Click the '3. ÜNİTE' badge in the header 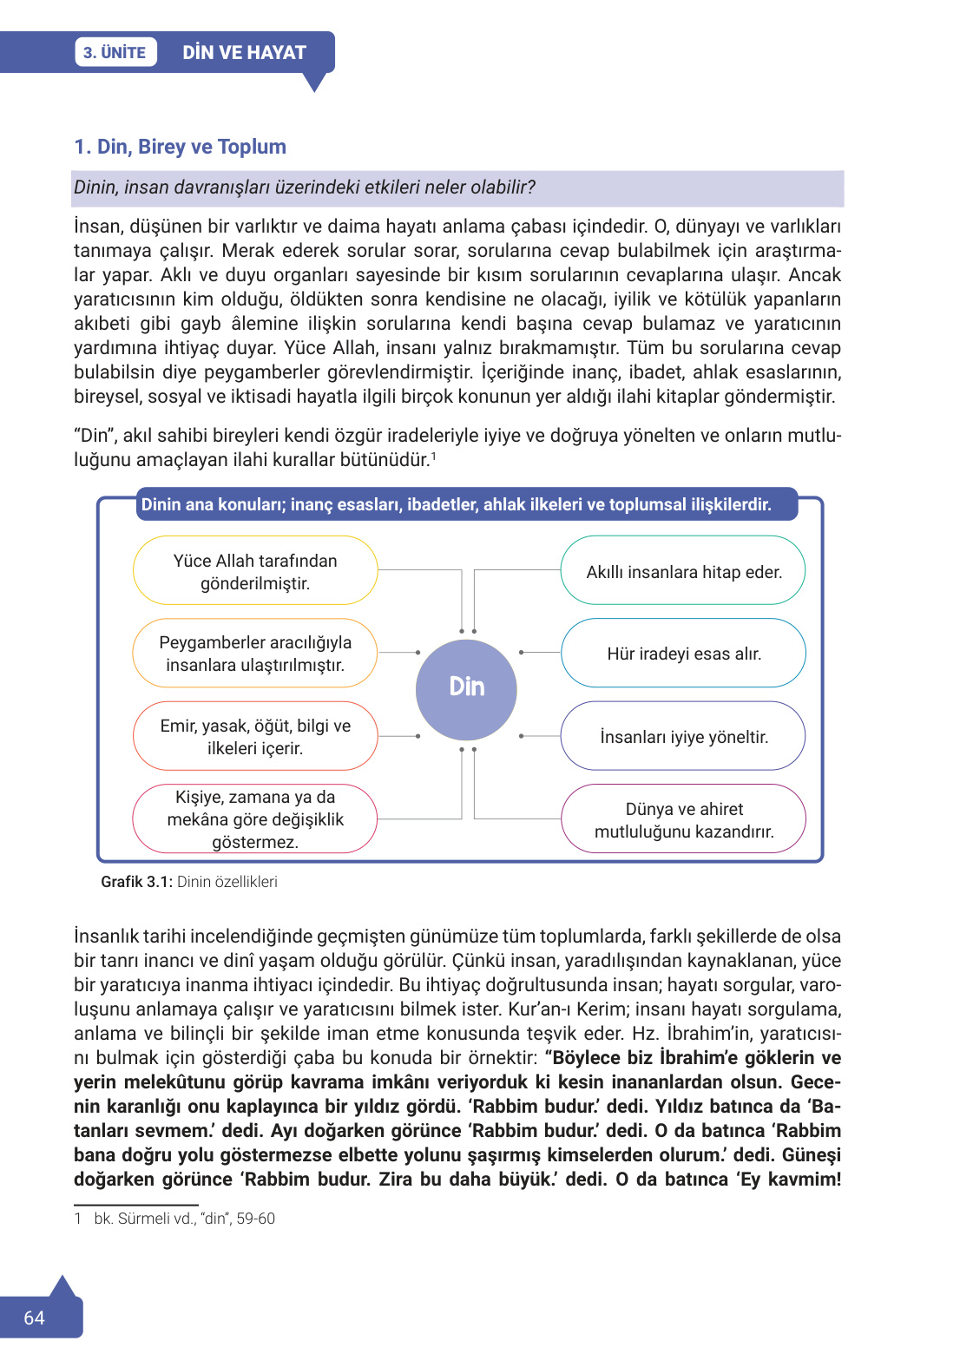(x=115, y=52)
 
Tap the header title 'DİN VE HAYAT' (x=244, y=52)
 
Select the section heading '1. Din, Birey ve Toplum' (x=180, y=147)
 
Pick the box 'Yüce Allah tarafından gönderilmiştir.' (x=255, y=571)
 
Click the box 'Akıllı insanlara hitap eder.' (x=683, y=571)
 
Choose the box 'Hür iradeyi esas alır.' (x=683, y=654)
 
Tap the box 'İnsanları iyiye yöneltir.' (x=683, y=737)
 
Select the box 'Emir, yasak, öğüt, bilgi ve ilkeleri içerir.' (x=255, y=737)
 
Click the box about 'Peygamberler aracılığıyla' (x=255, y=654)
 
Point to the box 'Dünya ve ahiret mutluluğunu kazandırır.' (x=683, y=820)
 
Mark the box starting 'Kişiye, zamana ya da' (x=255, y=819)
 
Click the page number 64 (x=34, y=1318)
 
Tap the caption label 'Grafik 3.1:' (x=136, y=882)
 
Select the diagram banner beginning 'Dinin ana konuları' (x=456, y=504)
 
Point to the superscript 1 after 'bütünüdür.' (x=433, y=456)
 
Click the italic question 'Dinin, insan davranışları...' (x=305, y=187)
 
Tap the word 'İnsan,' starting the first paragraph (x=99, y=227)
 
